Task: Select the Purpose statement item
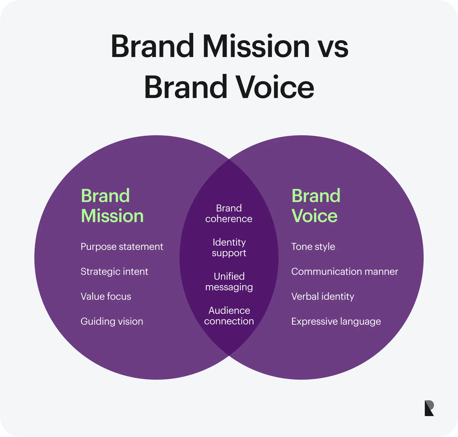click(x=122, y=247)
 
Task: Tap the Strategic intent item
click(x=114, y=272)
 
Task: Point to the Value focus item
click(x=106, y=296)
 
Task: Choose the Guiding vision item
click(x=112, y=322)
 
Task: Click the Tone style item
click(x=313, y=247)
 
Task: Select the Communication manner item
click(x=345, y=271)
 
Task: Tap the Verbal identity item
click(x=323, y=297)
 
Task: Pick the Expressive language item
click(x=336, y=322)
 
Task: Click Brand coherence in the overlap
click(x=229, y=213)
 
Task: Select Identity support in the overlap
click(x=229, y=248)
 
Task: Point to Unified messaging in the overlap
click(x=229, y=282)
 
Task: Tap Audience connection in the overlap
click(x=229, y=316)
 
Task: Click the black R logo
click(x=429, y=408)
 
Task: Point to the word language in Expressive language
click(x=361, y=322)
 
